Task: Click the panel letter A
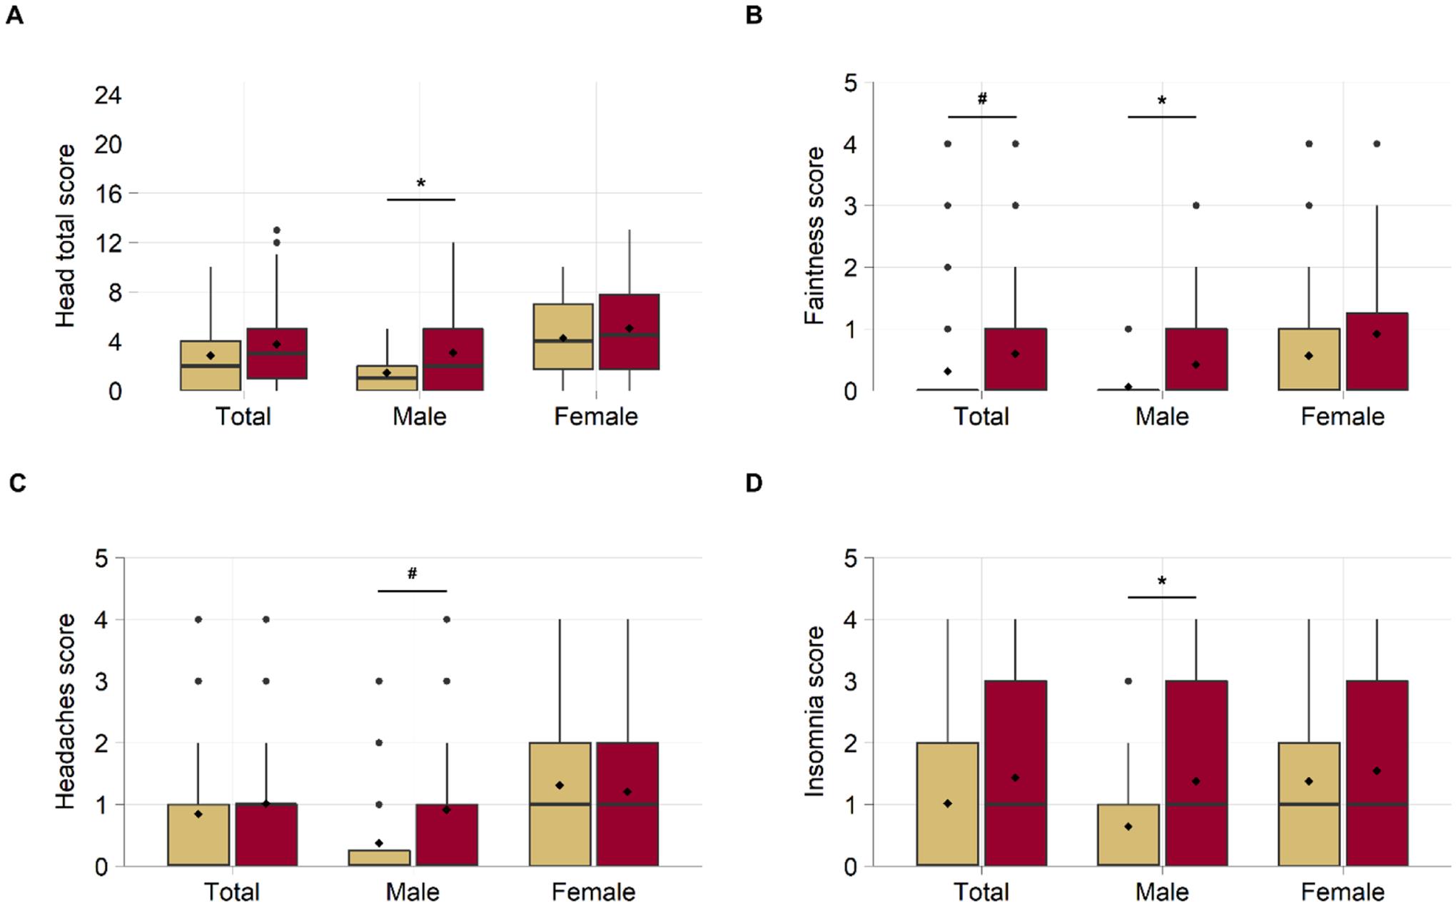(x=14, y=15)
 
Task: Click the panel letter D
(x=754, y=483)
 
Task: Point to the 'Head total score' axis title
(x=66, y=236)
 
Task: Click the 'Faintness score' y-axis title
(x=814, y=236)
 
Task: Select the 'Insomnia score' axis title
(x=814, y=711)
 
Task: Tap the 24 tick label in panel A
(x=108, y=95)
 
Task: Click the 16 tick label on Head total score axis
(x=108, y=193)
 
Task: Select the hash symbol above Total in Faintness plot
(x=982, y=98)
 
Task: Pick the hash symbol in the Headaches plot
(x=412, y=573)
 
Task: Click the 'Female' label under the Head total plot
(x=596, y=417)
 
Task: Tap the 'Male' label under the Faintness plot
(x=1162, y=417)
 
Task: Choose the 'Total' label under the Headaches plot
(x=232, y=892)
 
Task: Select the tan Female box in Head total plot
(x=563, y=337)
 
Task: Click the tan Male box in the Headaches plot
(x=379, y=857)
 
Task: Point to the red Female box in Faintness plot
(x=1377, y=351)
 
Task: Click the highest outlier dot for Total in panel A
(x=277, y=230)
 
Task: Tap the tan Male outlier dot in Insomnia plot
(x=1128, y=681)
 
